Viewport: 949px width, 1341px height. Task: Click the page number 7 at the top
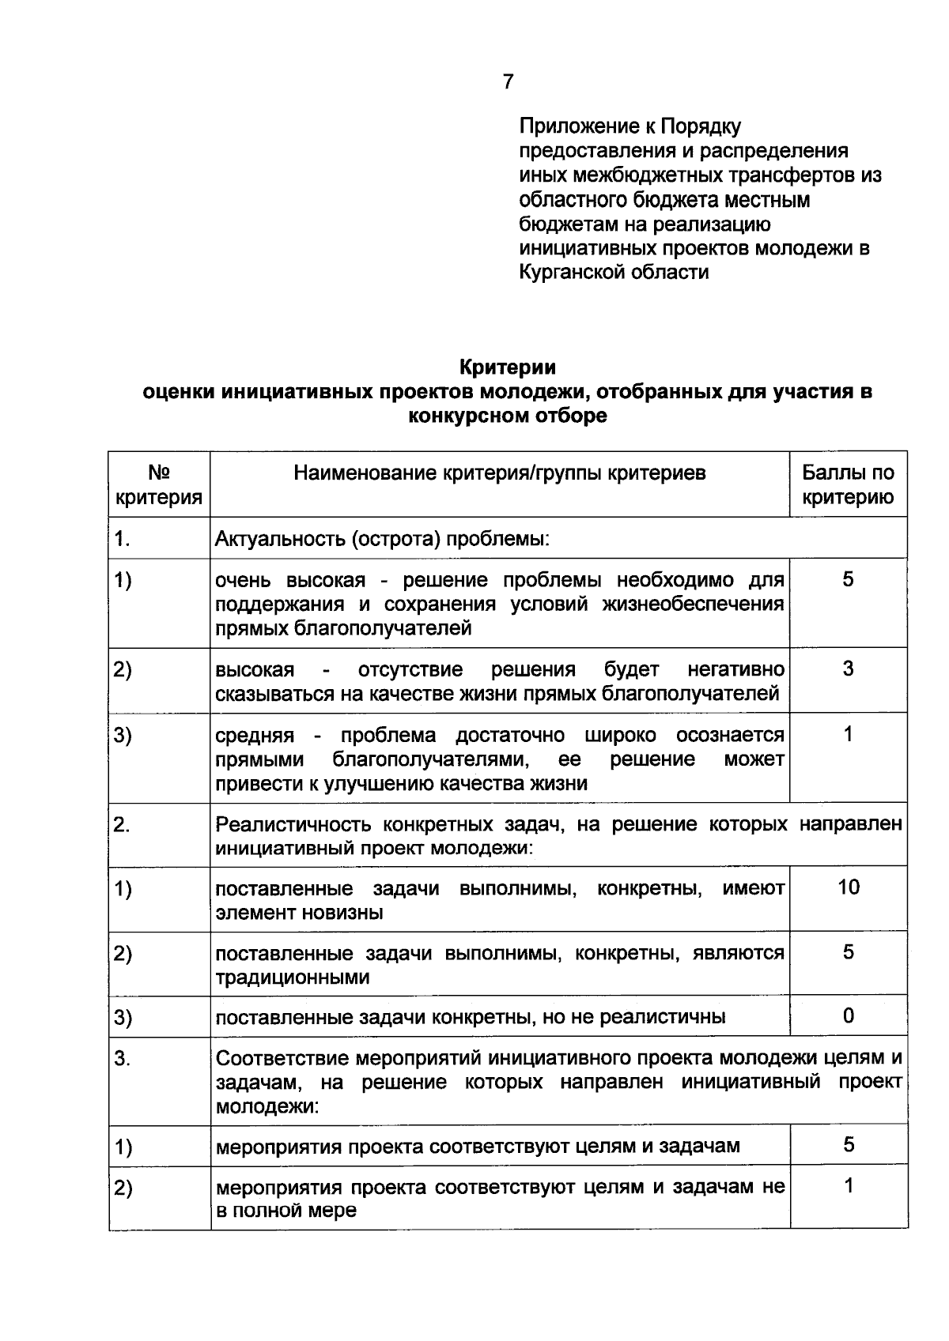[x=508, y=81]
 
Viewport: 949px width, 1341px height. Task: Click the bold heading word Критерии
[x=508, y=367]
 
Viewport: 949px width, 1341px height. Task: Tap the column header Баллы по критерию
[x=848, y=484]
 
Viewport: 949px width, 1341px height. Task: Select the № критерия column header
[x=159, y=484]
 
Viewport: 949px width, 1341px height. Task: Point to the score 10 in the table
[x=848, y=887]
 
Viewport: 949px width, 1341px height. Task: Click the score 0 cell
[x=848, y=1016]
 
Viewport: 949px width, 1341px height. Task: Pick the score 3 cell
[x=848, y=669]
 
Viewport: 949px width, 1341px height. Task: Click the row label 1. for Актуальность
[x=123, y=539]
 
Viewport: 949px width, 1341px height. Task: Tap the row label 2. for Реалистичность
[x=123, y=824]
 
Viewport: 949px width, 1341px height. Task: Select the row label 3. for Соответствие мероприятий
[x=123, y=1058]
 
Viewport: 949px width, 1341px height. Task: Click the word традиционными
[x=293, y=977]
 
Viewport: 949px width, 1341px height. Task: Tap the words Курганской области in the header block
[x=614, y=273]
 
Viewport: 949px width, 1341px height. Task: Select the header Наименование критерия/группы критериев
[x=500, y=473]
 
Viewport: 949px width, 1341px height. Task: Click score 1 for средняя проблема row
[x=848, y=735]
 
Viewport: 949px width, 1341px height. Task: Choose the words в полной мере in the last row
[x=286, y=1211]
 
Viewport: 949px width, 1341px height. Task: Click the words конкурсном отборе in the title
[x=508, y=416]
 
